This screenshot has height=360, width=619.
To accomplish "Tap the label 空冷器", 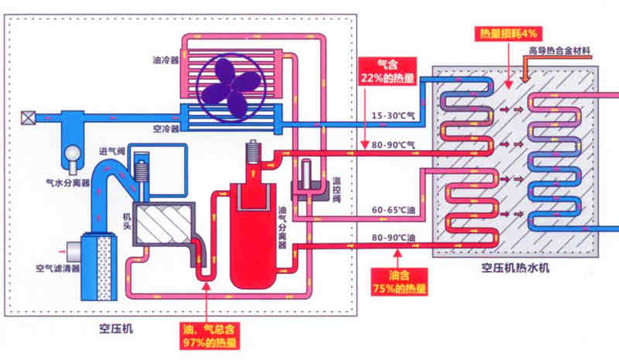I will click(167, 129).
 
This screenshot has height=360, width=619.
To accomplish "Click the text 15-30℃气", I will click(393, 116).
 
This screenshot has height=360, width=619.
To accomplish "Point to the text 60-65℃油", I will click(393, 209).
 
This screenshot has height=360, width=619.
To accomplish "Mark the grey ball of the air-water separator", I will click(74, 156).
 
